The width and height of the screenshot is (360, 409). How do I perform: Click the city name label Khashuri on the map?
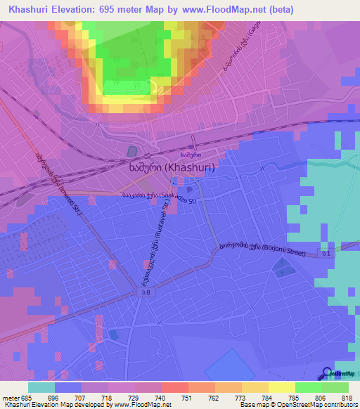172,169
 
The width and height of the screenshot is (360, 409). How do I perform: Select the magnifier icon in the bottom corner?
326,373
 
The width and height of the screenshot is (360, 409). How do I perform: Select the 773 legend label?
241,397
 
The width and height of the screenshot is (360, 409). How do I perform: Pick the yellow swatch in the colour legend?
281,387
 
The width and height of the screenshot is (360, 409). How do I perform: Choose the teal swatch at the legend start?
41,387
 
